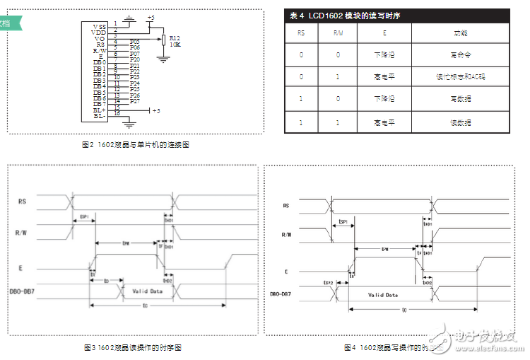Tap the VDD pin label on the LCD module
tap(99, 32)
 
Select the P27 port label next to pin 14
tap(135, 101)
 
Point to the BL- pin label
tap(99, 116)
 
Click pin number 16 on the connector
tap(117, 113)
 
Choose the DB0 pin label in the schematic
tap(99, 62)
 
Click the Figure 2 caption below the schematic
tap(136, 144)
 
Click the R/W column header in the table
tap(338, 33)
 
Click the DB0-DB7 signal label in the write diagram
tap(284, 294)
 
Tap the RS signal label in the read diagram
tap(23, 202)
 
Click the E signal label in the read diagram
tap(21, 267)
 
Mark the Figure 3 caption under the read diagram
tap(133, 348)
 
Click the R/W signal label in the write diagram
tap(285, 235)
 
